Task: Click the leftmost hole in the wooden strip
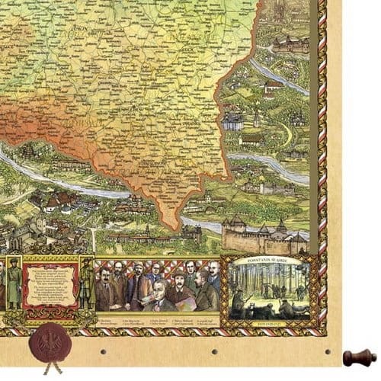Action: pos(102,351)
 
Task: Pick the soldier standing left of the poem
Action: pos(13,286)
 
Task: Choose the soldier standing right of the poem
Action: pos(86,287)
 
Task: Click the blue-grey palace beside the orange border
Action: pos(232,120)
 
